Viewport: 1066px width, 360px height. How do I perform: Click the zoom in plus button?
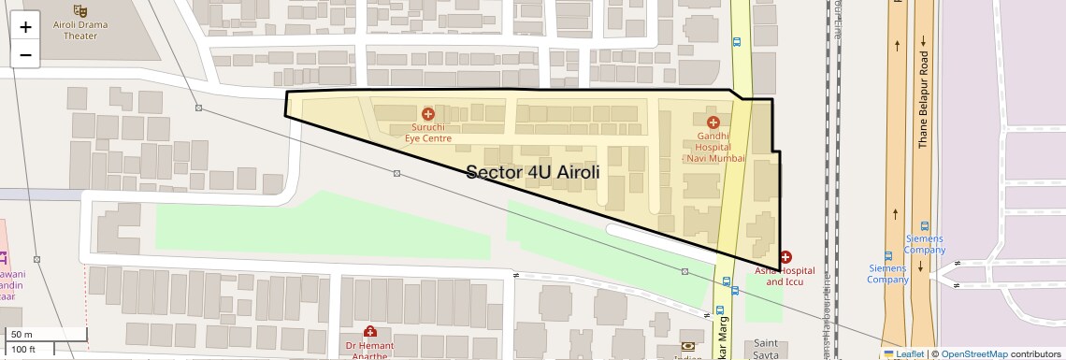click(25, 27)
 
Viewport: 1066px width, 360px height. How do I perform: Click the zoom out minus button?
click(25, 54)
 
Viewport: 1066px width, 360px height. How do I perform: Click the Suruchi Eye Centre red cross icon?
click(428, 113)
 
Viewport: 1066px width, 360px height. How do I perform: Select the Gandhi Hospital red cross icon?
click(713, 122)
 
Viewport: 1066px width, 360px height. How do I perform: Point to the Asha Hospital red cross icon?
click(785, 256)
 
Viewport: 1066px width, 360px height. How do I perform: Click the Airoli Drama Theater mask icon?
click(80, 9)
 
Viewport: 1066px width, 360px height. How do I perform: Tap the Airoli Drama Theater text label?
click(80, 29)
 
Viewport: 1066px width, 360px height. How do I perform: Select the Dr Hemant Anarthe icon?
click(371, 331)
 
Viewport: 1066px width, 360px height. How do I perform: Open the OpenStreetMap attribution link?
click(973, 353)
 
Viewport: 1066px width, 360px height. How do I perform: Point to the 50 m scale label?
click(22, 334)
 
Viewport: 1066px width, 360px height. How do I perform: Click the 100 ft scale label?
click(24, 350)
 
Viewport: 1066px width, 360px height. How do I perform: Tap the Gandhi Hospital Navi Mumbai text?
click(714, 147)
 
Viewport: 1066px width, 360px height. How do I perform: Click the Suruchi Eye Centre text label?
click(428, 132)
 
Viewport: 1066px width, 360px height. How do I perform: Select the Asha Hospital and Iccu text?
click(785, 276)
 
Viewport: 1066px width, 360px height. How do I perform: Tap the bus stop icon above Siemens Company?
click(925, 225)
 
